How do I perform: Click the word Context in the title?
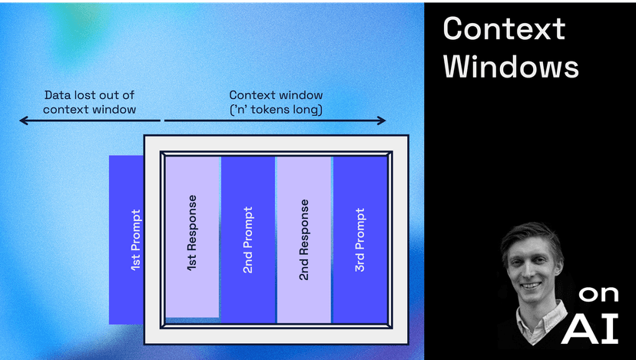click(504, 29)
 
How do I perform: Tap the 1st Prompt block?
click(126, 239)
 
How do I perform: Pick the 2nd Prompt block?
click(248, 239)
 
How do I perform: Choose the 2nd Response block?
click(304, 239)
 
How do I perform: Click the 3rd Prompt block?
click(359, 239)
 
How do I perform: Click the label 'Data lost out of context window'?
click(89, 102)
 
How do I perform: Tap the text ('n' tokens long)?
click(276, 110)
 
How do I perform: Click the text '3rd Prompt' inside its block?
click(359, 239)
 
